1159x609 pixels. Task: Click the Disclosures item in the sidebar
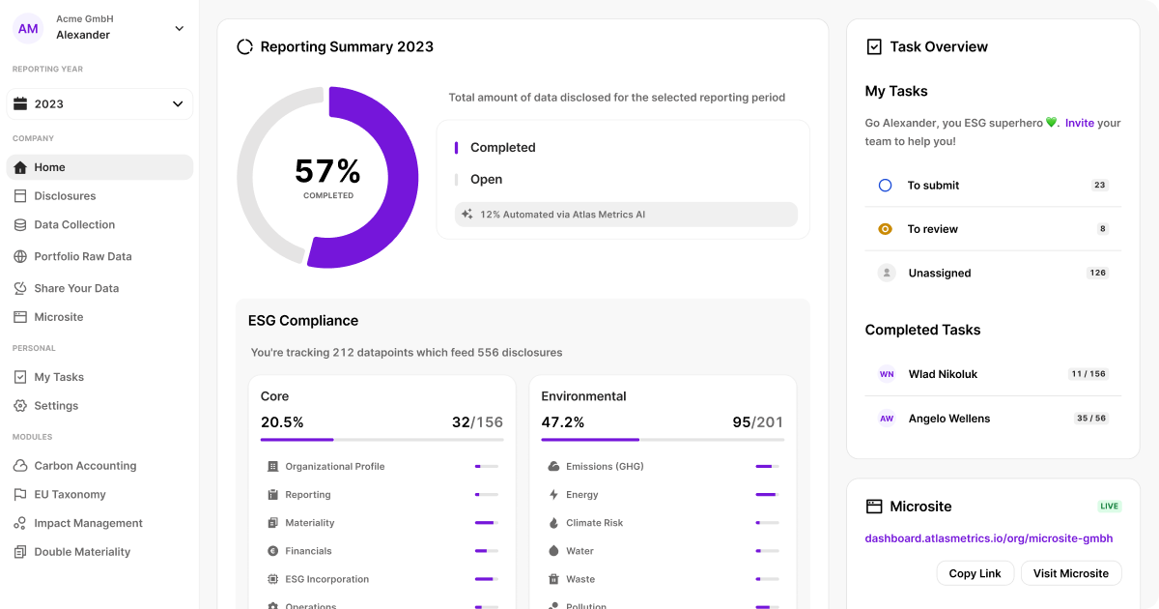[x=65, y=195]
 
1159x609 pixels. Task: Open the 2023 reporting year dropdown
[x=99, y=104]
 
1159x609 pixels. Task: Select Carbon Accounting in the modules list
[x=85, y=466]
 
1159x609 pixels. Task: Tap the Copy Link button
[x=975, y=573]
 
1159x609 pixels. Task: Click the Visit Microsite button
[x=1071, y=573]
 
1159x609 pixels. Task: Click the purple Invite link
[x=1080, y=123]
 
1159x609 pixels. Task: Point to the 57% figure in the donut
[x=327, y=171]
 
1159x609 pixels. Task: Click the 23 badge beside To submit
[x=1099, y=185]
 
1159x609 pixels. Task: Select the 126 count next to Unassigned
[x=1097, y=273]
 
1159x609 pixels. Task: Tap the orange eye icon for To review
[x=886, y=229]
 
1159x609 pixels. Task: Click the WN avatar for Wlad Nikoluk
[x=887, y=374]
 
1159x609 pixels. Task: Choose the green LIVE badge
[x=1110, y=506]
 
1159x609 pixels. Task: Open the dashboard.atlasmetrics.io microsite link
[x=989, y=538]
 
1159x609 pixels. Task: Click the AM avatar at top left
[x=28, y=28]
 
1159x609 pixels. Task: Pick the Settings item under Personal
[x=56, y=405]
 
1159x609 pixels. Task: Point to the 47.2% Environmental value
[x=562, y=422]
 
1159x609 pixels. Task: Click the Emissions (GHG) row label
[x=605, y=466]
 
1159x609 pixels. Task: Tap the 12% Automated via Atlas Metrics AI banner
[x=626, y=215]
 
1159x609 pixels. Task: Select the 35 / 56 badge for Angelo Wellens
[x=1091, y=418]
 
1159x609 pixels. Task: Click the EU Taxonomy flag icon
[x=20, y=495]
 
